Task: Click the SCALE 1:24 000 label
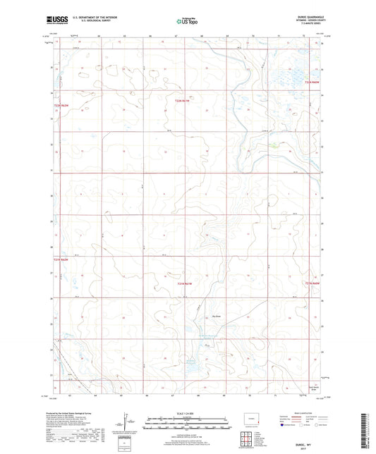[x=188, y=413]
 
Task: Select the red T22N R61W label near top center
[x=183, y=103]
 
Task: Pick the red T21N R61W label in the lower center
[x=184, y=283]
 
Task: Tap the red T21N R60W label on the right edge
[x=312, y=283]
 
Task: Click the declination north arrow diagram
[x=123, y=423]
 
